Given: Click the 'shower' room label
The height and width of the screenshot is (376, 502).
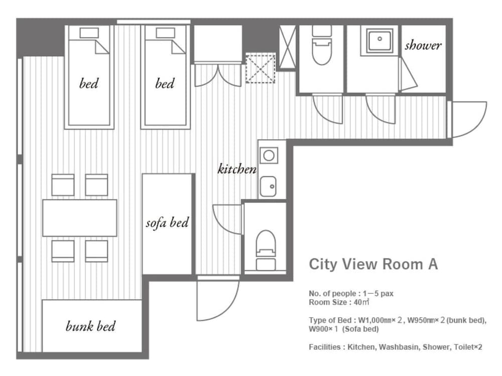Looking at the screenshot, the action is (423, 46).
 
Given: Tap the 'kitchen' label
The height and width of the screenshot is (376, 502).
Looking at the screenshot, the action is (237, 169).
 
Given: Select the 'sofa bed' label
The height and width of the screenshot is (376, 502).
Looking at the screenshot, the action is (167, 222).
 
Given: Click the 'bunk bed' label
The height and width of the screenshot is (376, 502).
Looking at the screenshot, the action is (90, 326).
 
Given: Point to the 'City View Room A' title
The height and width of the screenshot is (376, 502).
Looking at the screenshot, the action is (373, 264).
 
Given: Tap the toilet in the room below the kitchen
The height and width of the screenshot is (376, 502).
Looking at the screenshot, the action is (266, 250).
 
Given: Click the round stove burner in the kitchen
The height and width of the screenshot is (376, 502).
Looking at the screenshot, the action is (269, 156).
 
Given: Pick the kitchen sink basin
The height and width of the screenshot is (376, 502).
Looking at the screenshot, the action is (268, 186).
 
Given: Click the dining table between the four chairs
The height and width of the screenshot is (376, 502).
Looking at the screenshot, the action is (80, 218).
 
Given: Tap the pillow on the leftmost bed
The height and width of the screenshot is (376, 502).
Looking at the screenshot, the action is (89, 33).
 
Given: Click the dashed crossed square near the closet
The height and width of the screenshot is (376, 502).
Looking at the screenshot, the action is (261, 69).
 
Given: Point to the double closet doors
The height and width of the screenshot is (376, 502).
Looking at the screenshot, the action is (218, 76).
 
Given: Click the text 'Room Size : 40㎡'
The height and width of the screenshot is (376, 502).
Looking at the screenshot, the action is (339, 302).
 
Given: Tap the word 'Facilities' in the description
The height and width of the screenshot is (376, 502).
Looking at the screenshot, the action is (325, 347).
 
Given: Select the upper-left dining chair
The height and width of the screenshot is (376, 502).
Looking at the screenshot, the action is (63, 185).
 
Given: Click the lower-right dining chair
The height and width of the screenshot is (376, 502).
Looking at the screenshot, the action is (96, 251).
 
